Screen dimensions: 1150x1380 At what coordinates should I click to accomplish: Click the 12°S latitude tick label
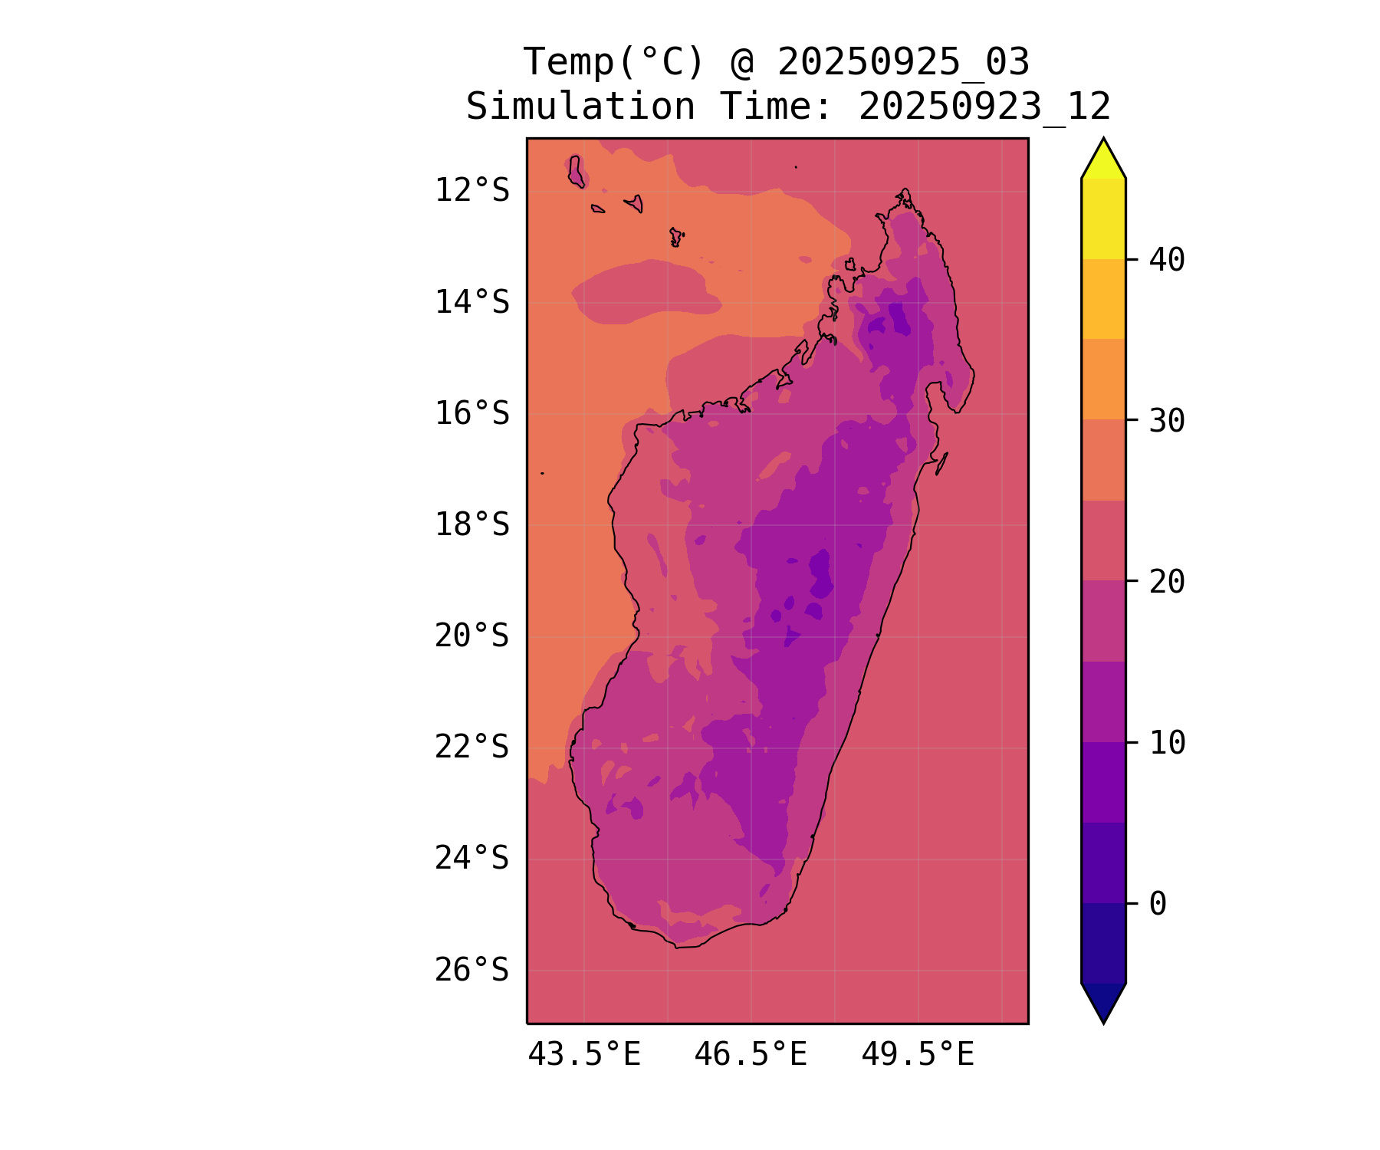point(472,190)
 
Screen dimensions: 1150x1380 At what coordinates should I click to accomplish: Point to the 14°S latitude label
point(472,302)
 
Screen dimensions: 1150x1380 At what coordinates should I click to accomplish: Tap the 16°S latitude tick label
point(472,413)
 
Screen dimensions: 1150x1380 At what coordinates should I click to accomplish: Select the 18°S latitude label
point(472,525)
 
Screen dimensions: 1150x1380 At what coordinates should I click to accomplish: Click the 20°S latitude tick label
point(472,636)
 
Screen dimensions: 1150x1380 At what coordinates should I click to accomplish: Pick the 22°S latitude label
point(472,747)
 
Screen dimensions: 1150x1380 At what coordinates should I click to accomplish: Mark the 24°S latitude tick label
point(472,858)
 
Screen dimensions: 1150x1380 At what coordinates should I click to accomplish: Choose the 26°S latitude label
point(472,970)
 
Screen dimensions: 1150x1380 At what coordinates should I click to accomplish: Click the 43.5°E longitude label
point(584,1055)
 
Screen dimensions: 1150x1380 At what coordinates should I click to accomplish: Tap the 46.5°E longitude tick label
point(751,1055)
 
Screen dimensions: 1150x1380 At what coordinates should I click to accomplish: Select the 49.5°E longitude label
point(918,1055)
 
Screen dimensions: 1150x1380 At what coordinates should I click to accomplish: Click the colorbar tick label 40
point(1167,260)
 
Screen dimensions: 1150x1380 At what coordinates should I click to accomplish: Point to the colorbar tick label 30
point(1167,420)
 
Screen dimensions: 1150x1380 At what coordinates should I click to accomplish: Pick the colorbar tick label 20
point(1167,581)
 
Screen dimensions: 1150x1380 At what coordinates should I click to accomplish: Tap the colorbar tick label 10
point(1167,742)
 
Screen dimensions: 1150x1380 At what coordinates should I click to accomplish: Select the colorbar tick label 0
point(1158,904)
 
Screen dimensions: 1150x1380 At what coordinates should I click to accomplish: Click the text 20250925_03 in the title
point(903,62)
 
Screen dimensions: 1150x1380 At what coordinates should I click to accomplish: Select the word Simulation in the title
point(580,107)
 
